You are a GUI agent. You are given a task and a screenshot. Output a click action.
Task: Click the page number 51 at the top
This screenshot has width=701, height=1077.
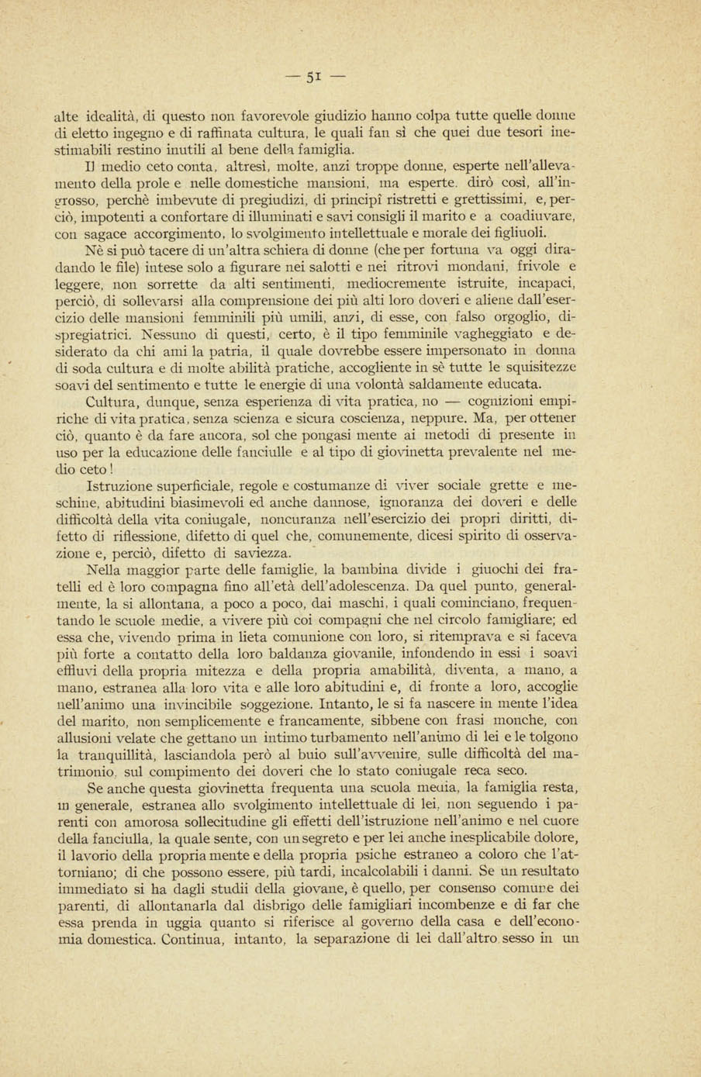313,77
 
